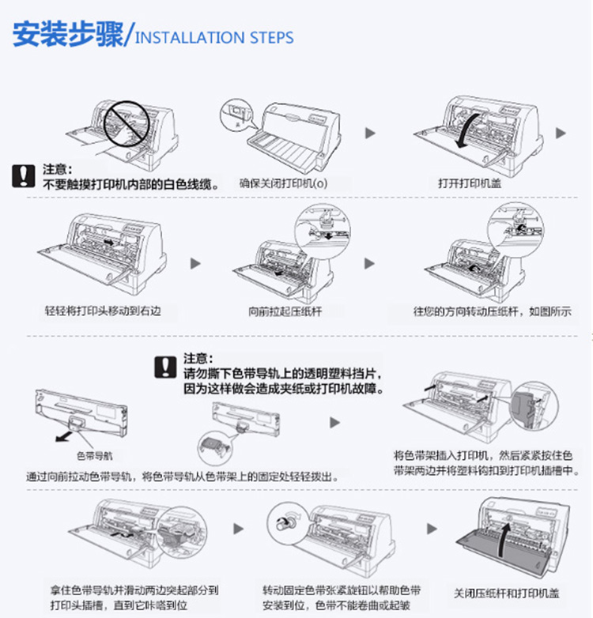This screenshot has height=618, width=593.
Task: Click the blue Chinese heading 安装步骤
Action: (x=68, y=34)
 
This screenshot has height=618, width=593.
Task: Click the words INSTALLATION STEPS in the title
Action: (x=214, y=38)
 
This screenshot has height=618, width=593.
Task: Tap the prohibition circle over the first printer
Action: (x=127, y=124)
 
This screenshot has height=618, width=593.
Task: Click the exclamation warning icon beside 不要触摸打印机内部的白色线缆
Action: (x=23, y=175)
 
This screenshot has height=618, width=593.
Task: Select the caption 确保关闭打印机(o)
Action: (x=283, y=183)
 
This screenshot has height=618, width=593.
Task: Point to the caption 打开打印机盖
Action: (x=470, y=183)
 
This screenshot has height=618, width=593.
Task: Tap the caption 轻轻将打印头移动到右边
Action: (x=103, y=311)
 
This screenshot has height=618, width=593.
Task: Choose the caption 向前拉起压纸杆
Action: (x=285, y=311)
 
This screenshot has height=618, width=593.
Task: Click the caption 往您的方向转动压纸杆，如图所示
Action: (x=492, y=311)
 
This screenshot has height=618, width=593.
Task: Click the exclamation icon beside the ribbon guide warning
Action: (x=165, y=367)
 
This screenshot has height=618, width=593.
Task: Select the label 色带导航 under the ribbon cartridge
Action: (x=95, y=456)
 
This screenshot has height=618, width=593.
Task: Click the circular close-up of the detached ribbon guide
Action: (x=215, y=448)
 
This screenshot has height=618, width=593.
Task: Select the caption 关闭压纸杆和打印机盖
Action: (x=506, y=594)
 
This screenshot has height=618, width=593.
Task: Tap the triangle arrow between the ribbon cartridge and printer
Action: (x=334, y=423)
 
